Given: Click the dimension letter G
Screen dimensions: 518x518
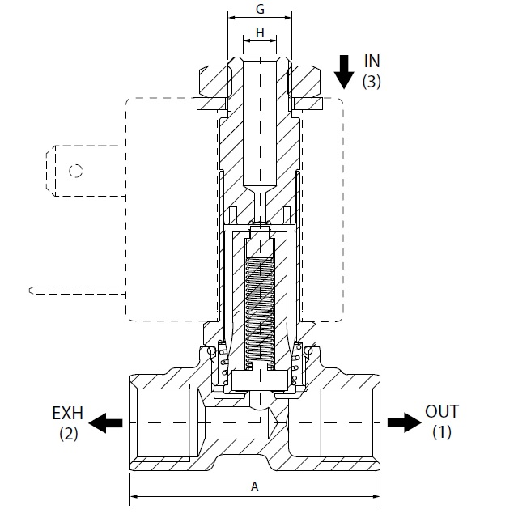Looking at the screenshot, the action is click(260, 9).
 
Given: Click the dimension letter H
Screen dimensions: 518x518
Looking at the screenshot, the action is click(260, 32).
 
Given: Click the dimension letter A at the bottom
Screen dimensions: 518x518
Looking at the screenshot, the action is click(254, 486).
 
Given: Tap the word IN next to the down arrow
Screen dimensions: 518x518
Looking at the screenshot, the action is click(372, 62).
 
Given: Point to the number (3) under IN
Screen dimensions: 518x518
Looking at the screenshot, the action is click(372, 81).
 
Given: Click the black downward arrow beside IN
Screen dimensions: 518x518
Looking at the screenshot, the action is click(344, 72).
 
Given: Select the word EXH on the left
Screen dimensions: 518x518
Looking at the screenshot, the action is click(68, 413).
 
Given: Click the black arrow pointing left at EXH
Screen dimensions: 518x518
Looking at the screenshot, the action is click(105, 422).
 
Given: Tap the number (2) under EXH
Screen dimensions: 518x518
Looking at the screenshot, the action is click(69, 434).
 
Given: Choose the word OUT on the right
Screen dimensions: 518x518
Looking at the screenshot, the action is click(442, 412).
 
